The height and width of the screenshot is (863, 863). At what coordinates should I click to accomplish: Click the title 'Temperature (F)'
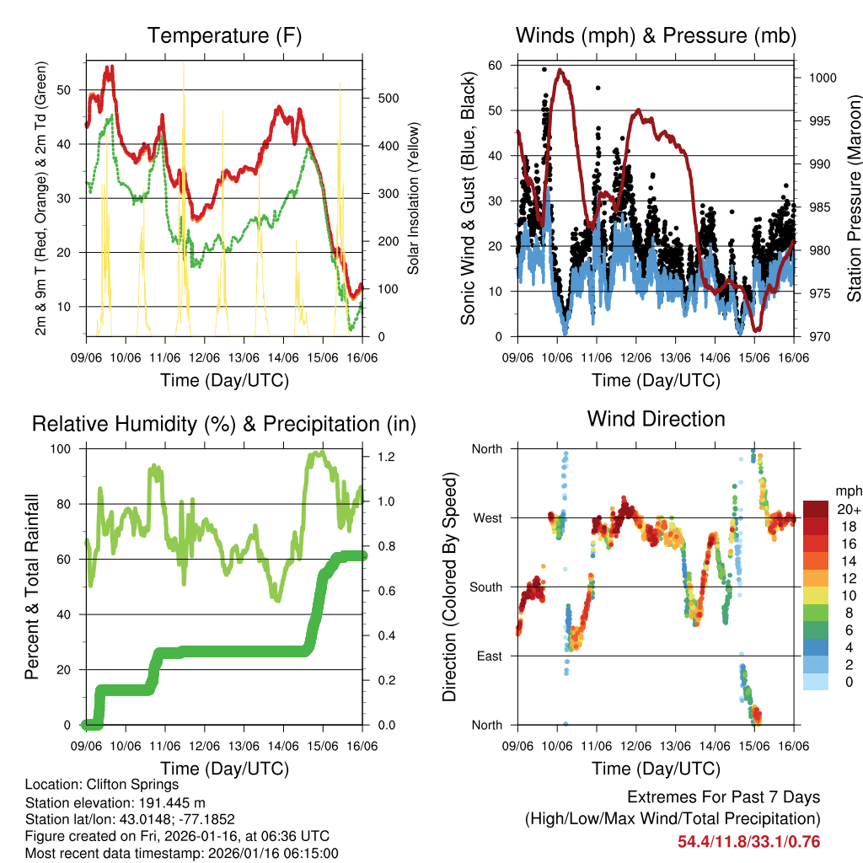(x=224, y=35)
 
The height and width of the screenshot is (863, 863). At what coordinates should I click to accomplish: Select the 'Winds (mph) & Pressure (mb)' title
(x=656, y=35)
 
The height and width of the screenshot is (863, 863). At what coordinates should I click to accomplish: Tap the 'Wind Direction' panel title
(x=656, y=418)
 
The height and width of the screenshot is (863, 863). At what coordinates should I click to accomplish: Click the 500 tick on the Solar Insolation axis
(x=388, y=98)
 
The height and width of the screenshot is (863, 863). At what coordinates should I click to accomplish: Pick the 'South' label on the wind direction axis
(x=486, y=587)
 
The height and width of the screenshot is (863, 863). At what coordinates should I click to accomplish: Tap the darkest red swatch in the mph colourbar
(x=816, y=509)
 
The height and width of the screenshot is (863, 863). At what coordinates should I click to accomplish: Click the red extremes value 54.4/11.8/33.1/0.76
(x=748, y=842)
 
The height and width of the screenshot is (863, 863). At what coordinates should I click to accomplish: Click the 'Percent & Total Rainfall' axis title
(x=32, y=587)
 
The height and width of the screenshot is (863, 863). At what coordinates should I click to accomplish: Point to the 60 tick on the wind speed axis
(x=496, y=65)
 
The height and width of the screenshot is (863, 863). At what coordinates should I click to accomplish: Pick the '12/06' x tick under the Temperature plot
(x=204, y=358)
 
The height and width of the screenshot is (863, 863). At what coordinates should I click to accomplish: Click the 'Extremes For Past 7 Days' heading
(x=723, y=797)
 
